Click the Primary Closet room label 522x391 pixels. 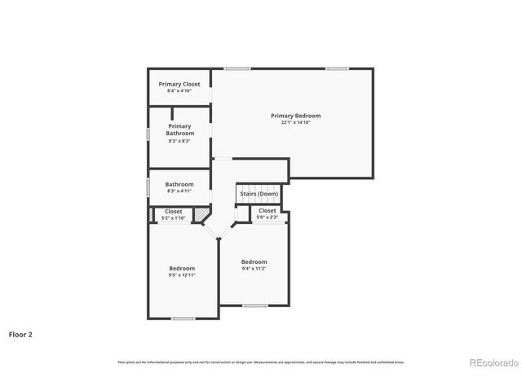pos(179,84)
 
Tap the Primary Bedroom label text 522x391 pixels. pos(296,116)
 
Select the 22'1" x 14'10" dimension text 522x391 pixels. pos(296,122)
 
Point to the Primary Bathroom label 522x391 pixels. pos(179,130)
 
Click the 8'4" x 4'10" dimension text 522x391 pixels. pos(179,91)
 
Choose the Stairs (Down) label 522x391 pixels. pos(259,194)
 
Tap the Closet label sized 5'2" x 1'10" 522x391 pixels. pos(174,211)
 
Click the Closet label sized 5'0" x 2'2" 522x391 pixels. pos(268,210)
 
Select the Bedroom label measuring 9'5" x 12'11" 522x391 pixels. pos(182,268)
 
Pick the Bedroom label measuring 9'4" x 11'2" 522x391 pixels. pos(254,261)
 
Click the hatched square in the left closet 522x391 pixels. pos(201,214)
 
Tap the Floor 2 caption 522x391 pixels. pos(20,334)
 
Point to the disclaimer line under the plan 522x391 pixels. pos(261,362)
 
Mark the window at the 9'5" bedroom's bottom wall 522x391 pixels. pos(183,318)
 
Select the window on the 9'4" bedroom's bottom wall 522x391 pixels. pos(255,305)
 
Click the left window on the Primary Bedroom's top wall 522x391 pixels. pos(237,68)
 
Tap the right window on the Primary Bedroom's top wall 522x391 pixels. pos(338,68)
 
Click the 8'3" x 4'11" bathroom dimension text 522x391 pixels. pos(179,191)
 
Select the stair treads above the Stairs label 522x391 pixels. pos(259,187)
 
